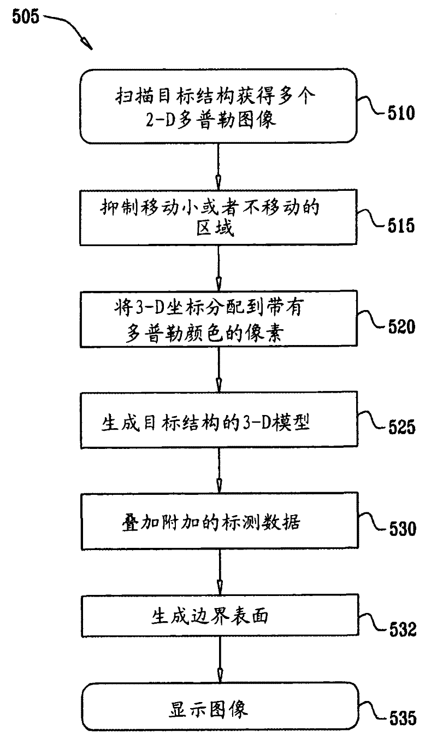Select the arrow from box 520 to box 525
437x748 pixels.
[218, 372]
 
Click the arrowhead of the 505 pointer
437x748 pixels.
[86, 43]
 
